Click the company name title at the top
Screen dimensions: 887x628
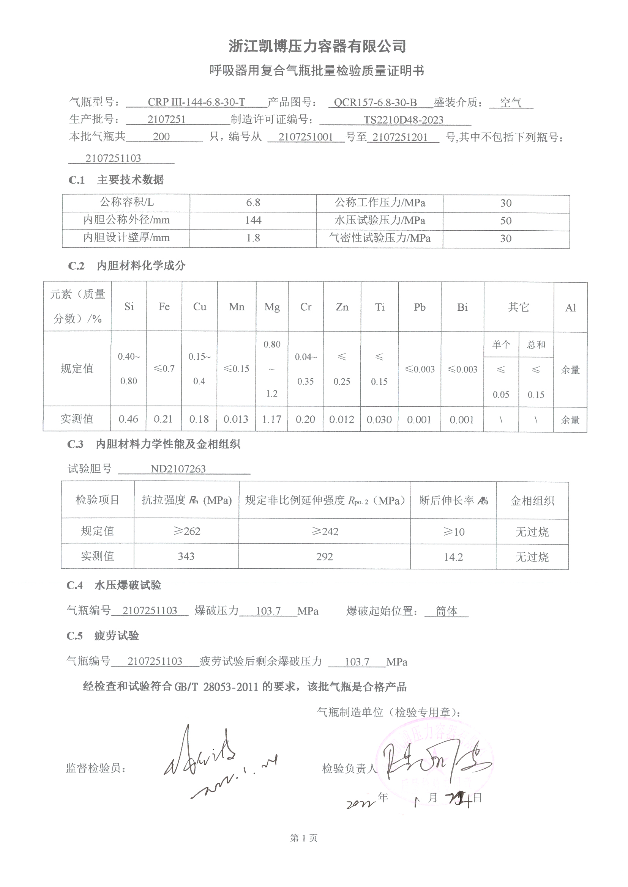point(317,46)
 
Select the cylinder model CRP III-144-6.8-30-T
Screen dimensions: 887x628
point(196,102)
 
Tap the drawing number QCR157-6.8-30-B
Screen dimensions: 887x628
point(375,102)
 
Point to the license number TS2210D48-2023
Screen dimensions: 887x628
point(403,120)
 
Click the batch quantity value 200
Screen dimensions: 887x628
point(161,136)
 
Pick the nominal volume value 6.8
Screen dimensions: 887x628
point(253,203)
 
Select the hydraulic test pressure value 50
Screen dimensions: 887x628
point(506,220)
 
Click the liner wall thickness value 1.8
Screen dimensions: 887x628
point(253,238)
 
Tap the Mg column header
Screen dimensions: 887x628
point(272,307)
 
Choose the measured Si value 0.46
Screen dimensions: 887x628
point(128,419)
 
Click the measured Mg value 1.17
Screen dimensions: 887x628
point(271,419)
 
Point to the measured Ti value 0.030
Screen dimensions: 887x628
point(379,420)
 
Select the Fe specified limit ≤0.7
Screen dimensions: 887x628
point(164,369)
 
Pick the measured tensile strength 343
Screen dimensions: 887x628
point(186,556)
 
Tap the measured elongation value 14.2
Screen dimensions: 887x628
point(453,557)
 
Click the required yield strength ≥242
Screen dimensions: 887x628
point(325,532)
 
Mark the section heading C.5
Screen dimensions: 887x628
point(75,636)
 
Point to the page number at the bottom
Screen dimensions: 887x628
point(304,838)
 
